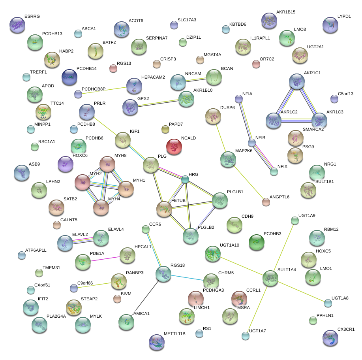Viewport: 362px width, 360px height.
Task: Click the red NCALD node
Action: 174,147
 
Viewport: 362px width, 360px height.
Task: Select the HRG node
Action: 185,180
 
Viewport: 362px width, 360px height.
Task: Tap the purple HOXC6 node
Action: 66,164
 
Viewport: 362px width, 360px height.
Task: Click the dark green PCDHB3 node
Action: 256,242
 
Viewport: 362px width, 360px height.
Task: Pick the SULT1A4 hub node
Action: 270,278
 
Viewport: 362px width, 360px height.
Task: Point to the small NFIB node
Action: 252,142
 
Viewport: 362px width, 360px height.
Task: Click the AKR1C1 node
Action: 296,81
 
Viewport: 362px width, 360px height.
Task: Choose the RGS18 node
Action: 163,274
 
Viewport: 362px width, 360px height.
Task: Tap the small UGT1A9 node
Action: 294,221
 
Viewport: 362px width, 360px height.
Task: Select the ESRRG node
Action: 17,25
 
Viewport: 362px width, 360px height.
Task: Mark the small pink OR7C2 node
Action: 256,64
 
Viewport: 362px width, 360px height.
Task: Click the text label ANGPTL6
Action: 279,197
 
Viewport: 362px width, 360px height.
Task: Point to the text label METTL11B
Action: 174,334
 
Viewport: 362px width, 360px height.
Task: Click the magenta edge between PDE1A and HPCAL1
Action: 105,259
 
